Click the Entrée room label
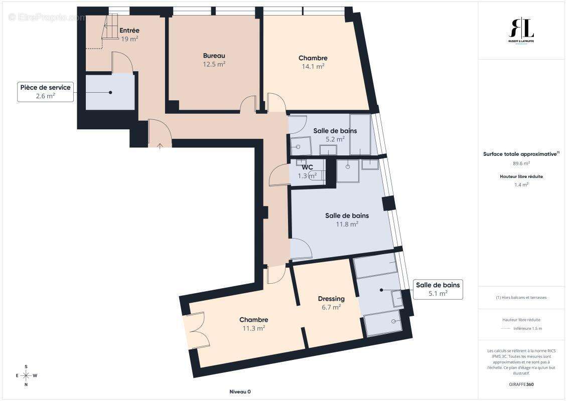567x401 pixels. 129,31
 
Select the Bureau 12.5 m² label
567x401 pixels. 214,59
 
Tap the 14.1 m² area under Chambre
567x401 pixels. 313,66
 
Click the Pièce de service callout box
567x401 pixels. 46,92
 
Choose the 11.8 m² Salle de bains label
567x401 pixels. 347,220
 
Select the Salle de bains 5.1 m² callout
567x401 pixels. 438,289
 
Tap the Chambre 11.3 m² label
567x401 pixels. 253,324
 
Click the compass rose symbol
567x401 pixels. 26,375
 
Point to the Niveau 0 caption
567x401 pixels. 239,391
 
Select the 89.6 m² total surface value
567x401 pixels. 521,163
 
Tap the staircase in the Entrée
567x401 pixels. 110,29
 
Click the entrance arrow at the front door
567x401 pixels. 160,145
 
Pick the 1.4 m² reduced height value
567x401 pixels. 521,184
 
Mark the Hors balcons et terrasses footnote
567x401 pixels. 521,297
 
